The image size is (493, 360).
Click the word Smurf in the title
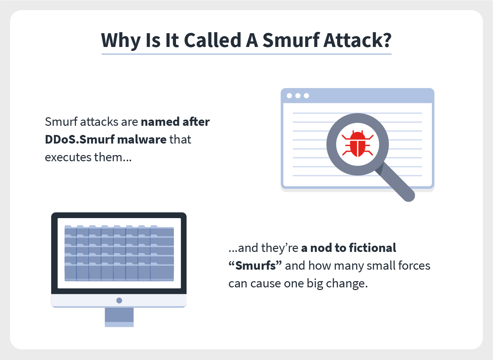(291, 40)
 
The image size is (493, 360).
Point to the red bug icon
(357, 144)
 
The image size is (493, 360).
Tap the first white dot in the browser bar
(289, 96)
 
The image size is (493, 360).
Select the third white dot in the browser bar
(306, 96)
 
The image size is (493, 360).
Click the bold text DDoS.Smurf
(79, 140)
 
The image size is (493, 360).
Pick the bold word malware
(142, 140)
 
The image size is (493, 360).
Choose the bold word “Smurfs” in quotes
(255, 266)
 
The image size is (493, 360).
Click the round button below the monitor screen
(119, 300)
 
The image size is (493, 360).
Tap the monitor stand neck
(119, 317)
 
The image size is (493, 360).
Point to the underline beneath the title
(246, 54)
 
